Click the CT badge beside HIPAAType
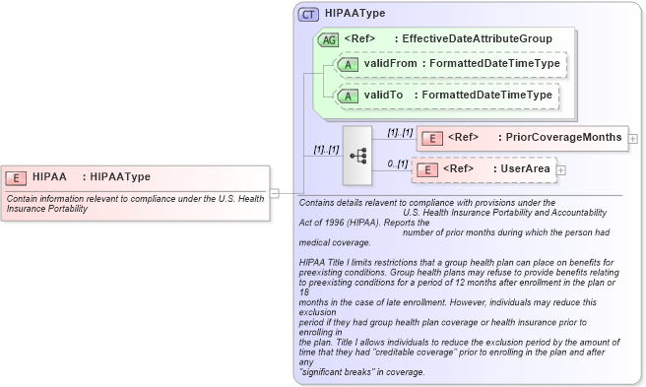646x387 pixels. coord(308,15)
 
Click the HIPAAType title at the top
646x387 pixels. coord(355,14)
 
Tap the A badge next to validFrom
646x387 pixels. coord(347,64)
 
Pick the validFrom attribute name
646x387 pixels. coord(389,64)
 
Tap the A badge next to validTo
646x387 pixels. coord(347,96)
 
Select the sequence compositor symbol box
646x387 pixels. coord(356,155)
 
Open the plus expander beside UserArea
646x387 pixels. coord(561,170)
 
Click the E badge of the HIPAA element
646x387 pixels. coord(16,177)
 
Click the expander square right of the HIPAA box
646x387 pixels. coord(275,193)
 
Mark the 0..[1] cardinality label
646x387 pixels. coord(397,163)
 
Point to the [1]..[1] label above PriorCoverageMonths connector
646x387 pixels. coord(399,131)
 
